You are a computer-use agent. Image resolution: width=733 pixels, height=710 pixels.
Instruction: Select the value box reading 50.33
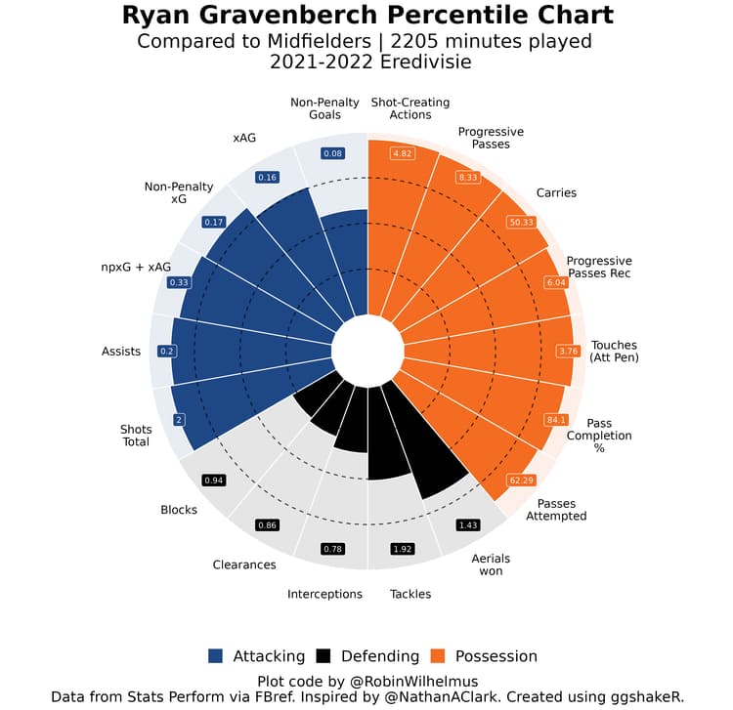tap(521, 223)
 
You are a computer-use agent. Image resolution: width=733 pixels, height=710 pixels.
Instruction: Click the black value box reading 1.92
tap(404, 549)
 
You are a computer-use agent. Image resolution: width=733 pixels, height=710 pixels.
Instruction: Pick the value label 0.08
tap(333, 153)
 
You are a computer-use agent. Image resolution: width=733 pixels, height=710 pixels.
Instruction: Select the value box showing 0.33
tap(180, 282)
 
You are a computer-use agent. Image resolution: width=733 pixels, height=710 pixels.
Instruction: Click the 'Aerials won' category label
tap(491, 564)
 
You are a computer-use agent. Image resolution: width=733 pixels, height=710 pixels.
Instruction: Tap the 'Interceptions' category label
tap(324, 594)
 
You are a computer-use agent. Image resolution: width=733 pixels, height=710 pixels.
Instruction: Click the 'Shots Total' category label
tap(135, 436)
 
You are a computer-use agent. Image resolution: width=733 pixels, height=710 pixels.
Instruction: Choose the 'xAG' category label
tap(244, 138)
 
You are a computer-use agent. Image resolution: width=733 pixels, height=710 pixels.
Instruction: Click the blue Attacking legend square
tap(216, 656)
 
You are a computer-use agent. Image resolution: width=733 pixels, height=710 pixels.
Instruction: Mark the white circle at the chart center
tap(367, 350)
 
